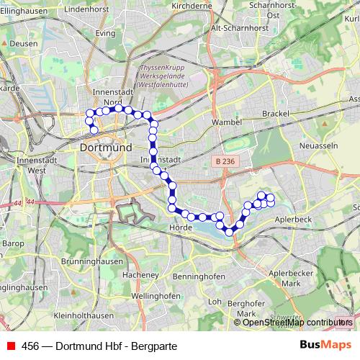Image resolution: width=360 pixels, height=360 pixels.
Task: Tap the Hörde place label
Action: pyautogui.click(x=179, y=227)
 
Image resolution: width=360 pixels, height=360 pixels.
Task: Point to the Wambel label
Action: pyautogui.click(x=226, y=123)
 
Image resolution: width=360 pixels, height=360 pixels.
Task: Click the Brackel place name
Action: pyautogui.click(x=275, y=114)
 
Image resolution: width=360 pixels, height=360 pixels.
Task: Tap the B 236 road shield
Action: pyautogui.click(x=225, y=163)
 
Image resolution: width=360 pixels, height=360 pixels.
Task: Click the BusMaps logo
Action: pyautogui.click(x=325, y=346)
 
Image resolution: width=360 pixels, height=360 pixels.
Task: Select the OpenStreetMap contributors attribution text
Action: pyautogui.click(x=297, y=322)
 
